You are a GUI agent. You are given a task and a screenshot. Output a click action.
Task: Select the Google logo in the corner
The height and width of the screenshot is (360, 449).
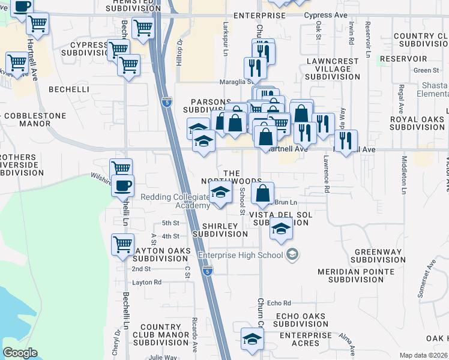20,353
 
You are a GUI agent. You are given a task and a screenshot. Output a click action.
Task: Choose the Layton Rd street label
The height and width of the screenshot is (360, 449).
147,282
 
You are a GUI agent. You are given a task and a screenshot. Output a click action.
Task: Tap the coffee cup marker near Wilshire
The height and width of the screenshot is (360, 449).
122,185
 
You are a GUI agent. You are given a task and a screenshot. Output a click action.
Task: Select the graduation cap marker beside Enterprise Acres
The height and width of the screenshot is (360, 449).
252,338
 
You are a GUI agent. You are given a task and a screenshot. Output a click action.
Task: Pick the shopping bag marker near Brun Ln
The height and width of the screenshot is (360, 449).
262,193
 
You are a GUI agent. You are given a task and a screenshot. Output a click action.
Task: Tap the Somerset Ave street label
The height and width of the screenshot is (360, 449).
429,277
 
